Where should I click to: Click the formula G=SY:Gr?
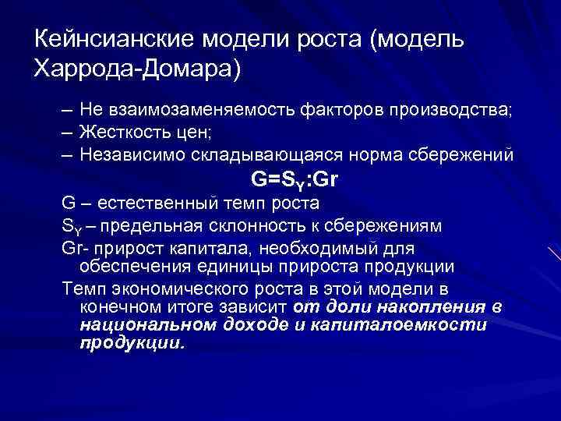pos(295,180)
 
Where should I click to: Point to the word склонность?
pos(252,226)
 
